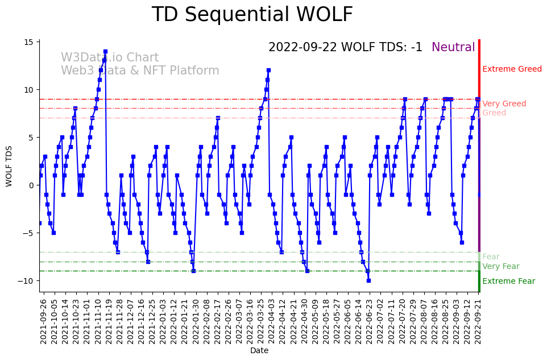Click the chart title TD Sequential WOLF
tap(252, 15)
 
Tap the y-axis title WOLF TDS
tap(9, 165)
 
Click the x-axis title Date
tap(259, 351)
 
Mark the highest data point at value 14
tap(105, 51)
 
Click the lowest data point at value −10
tap(368, 280)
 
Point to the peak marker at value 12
tap(268, 71)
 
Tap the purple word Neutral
tap(453, 48)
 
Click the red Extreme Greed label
tap(512, 69)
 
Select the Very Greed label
tap(504, 104)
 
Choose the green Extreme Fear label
tap(508, 282)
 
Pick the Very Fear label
tap(500, 267)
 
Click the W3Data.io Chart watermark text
tap(110, 58)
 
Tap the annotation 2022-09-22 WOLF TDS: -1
tap(345, 48)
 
